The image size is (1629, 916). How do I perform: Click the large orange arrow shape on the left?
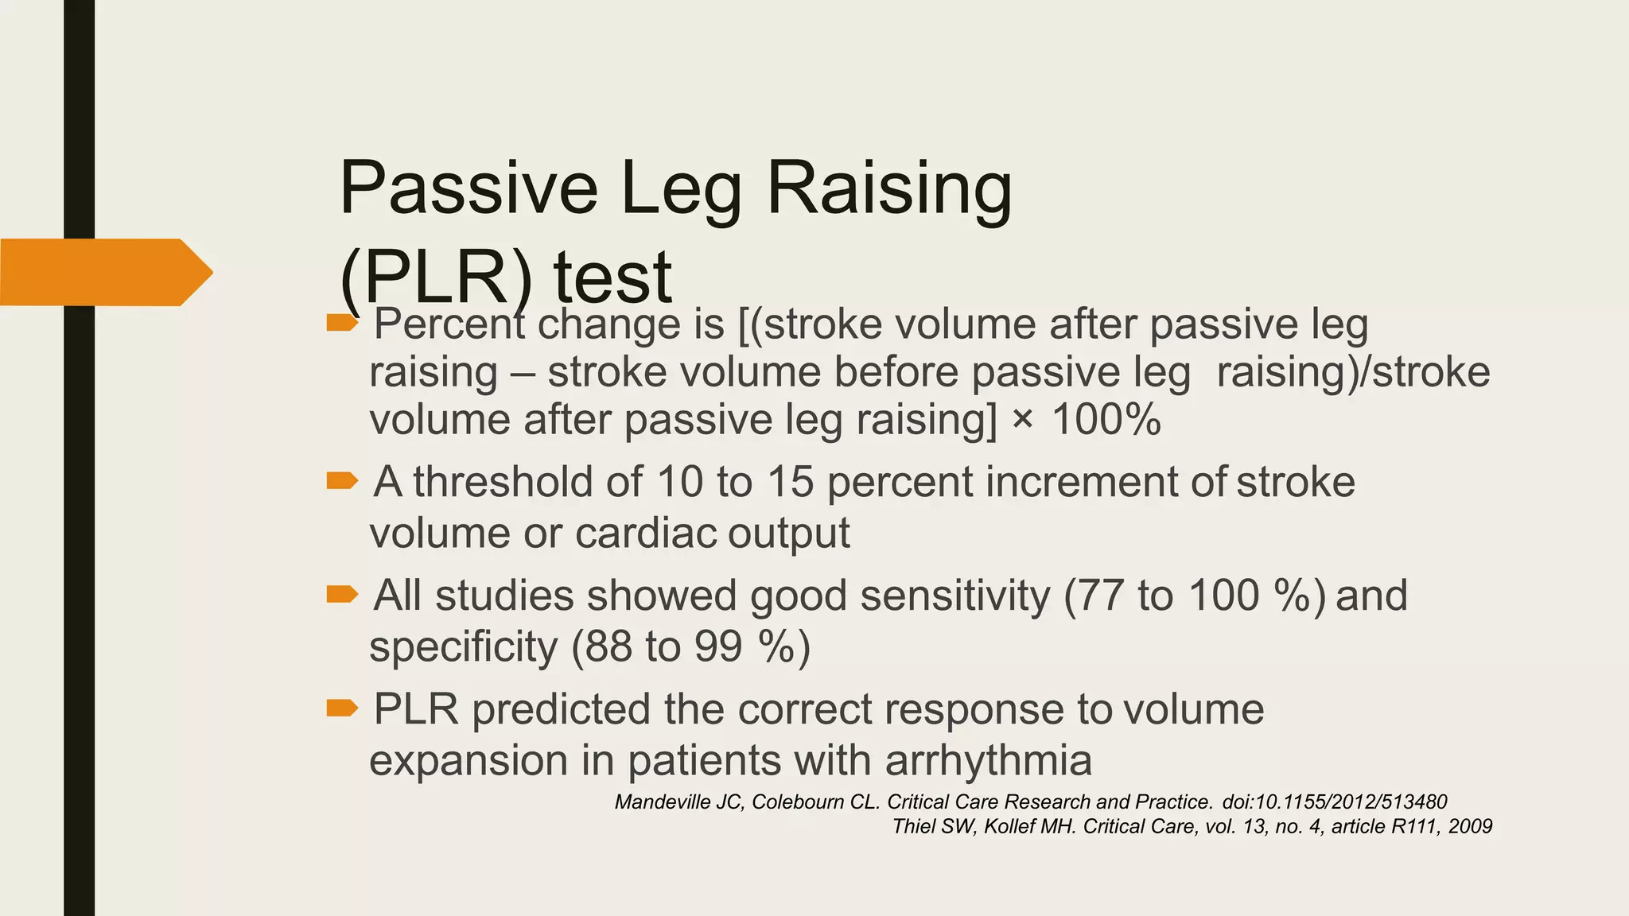point(105,272)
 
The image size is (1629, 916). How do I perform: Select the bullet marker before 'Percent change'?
point(343,323)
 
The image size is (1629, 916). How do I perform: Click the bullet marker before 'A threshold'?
point(343,480)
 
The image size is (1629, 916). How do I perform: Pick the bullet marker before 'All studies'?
point(343,594)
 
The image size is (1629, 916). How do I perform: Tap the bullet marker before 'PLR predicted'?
point(343,708)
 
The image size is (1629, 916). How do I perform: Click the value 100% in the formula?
point(1106,419)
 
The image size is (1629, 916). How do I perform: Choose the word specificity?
point(463,646)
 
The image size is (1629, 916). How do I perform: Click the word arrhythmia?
point(988,760)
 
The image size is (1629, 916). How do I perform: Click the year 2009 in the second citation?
point(1470,826)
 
